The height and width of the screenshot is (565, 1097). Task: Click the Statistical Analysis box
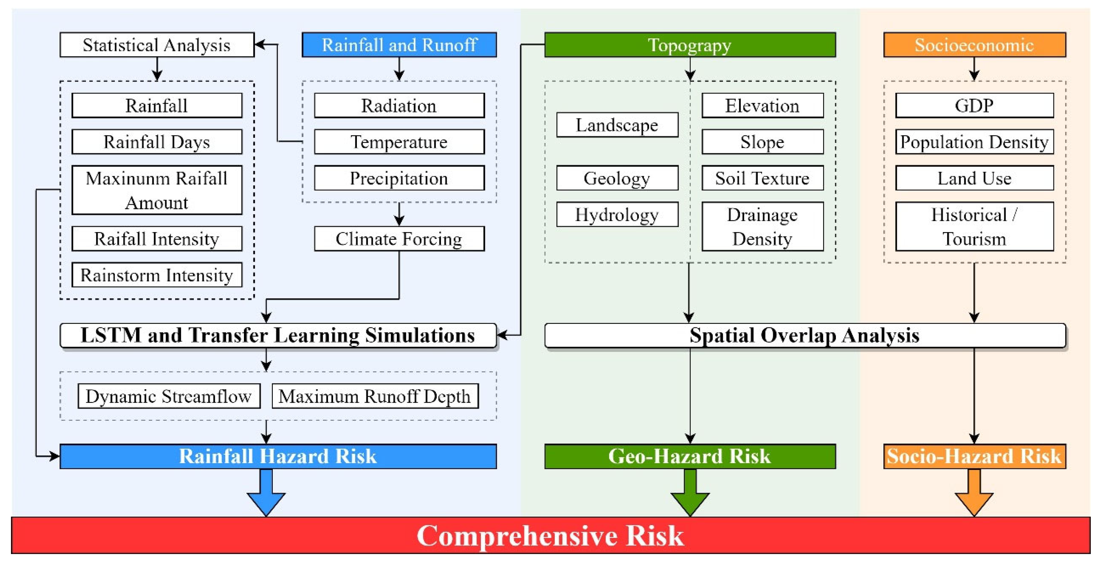point(157,45)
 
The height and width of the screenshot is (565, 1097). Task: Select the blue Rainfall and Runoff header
point(399,45)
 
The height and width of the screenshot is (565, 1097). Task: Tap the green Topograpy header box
point(690,45)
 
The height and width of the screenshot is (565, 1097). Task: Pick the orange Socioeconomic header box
point(975,45)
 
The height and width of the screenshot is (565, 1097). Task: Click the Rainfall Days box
point(157,142)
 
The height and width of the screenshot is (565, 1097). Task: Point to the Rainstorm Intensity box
point(157,275)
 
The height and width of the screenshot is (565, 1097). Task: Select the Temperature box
point(399,142)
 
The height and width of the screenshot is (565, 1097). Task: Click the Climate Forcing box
point(399,239)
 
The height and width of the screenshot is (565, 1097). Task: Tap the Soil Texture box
point(762,178)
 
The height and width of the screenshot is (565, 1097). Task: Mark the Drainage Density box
point(762,227)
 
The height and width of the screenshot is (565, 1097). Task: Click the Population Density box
point(975,142)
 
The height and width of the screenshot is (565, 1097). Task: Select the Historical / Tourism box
point(975,227)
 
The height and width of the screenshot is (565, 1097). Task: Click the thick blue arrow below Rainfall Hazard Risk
point(266,494)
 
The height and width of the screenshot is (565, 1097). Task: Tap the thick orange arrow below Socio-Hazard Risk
point(975,494)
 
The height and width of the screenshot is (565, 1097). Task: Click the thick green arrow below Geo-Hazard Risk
point(690,494)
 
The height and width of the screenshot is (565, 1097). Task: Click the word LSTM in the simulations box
point(111,335)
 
